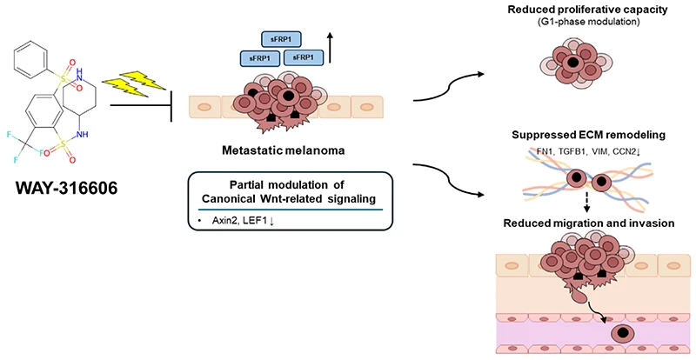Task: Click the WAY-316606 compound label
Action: pos(67,189)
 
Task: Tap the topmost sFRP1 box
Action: pos(279,39)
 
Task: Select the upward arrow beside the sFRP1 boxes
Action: pos(330,48)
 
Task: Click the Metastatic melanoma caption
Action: pos(284,150)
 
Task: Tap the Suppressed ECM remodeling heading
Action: pos(589,135)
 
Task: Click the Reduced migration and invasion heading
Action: pos(589,223)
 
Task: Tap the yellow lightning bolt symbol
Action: pos(134,83)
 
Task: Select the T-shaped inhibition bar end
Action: pos(171,105)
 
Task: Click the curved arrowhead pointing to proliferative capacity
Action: pos(480,74)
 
